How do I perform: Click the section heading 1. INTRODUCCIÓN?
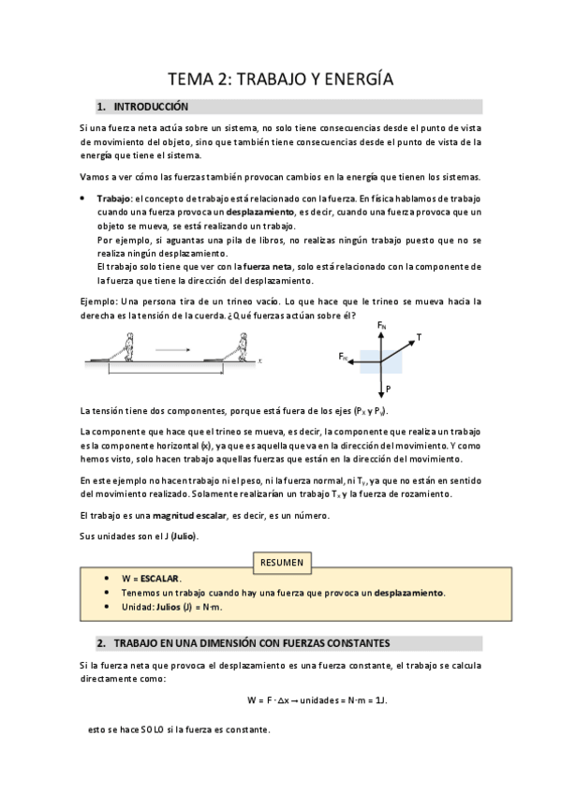(150, 107)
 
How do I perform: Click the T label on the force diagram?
(418, 336)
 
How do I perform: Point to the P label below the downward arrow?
(388, 388)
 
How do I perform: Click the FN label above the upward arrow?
(381, 325)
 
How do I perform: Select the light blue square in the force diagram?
(389, 358)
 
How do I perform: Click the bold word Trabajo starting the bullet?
(113, 199)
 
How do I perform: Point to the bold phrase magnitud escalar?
(190, 516)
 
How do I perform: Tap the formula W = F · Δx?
(281, 699)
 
